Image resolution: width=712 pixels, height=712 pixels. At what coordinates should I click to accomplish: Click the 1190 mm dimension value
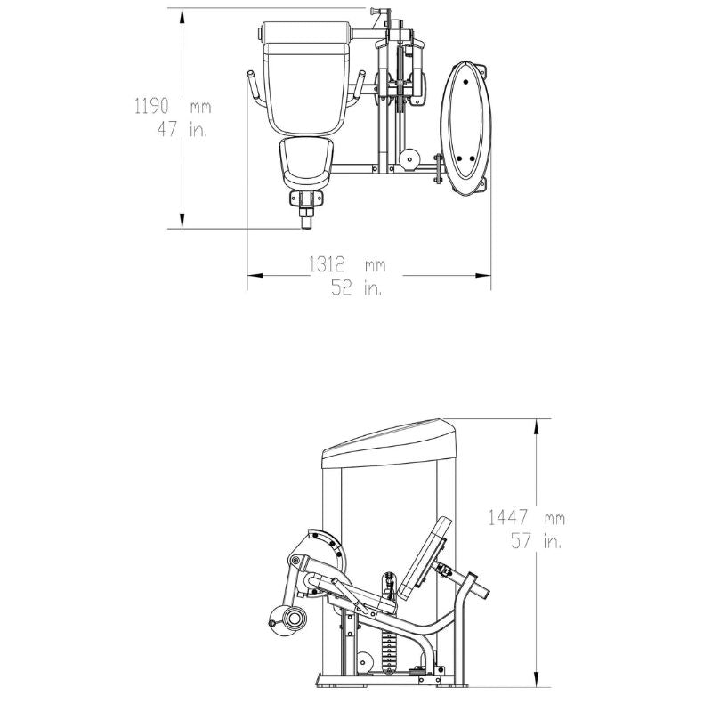click(173, 107)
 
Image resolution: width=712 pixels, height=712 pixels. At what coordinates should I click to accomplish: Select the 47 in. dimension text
click(182, 129)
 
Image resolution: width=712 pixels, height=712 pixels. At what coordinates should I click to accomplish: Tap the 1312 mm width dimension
click(347, 264)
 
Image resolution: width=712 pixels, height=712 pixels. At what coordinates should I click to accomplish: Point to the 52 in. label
click(357, 287)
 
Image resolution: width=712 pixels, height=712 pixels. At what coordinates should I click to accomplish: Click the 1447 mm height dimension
click(527, 518)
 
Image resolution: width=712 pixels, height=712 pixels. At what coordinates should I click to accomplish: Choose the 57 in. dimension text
click(537, 540)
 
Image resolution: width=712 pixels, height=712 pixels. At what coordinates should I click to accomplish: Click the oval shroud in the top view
click(465, 128)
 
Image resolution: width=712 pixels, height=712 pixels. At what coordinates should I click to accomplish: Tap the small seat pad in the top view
click(306, 163)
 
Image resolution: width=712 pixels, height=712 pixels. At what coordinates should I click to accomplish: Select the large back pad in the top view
click(305, 78)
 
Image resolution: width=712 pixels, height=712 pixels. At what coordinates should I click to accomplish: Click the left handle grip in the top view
click(254, 88)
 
